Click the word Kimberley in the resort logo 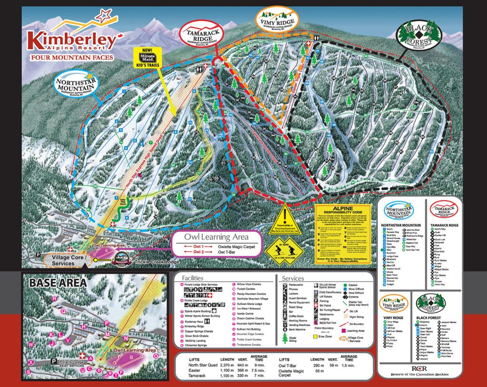pos(71,40)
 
